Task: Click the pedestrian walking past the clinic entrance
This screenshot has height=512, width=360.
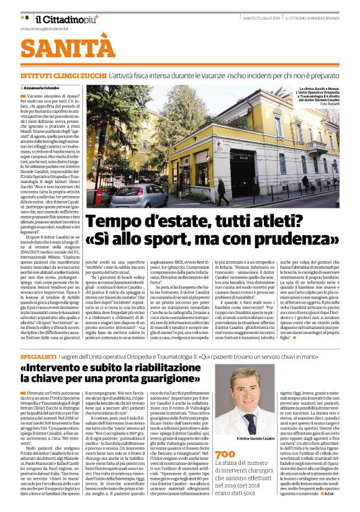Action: [222, 192]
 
